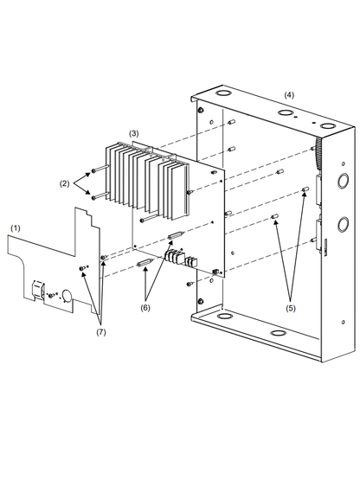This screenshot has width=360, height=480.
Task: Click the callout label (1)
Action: click(15, 227)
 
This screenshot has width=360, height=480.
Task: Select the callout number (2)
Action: click(64, 183)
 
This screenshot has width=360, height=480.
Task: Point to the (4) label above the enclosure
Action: click(289, 93)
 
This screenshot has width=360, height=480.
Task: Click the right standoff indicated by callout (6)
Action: click(176, 235)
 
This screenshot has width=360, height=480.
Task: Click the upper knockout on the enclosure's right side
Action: click(340, 182)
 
